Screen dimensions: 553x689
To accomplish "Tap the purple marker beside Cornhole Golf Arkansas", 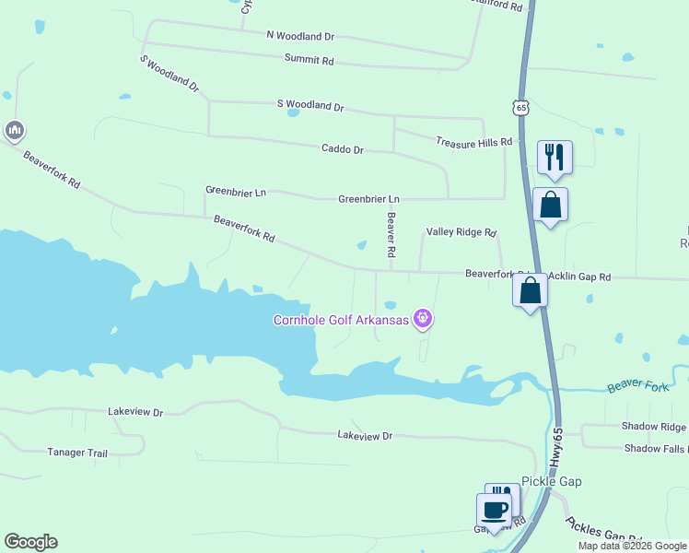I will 423,319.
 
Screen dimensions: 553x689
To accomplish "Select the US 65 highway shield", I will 522,108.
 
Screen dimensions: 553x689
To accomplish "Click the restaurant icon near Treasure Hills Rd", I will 555,157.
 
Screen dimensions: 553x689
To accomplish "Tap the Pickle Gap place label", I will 551,481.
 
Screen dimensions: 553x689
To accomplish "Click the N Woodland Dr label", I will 300,36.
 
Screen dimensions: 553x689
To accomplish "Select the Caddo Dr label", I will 343,149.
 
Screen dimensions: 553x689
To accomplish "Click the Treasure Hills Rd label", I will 473,142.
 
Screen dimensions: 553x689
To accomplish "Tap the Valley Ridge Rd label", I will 461,233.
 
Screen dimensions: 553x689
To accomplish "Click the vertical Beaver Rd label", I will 391,235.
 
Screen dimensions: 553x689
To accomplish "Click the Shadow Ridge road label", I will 654,427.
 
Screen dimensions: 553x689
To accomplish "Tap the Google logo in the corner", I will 30,542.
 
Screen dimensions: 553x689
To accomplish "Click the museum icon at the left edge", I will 14,132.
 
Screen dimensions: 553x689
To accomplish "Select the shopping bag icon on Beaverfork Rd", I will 530,291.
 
